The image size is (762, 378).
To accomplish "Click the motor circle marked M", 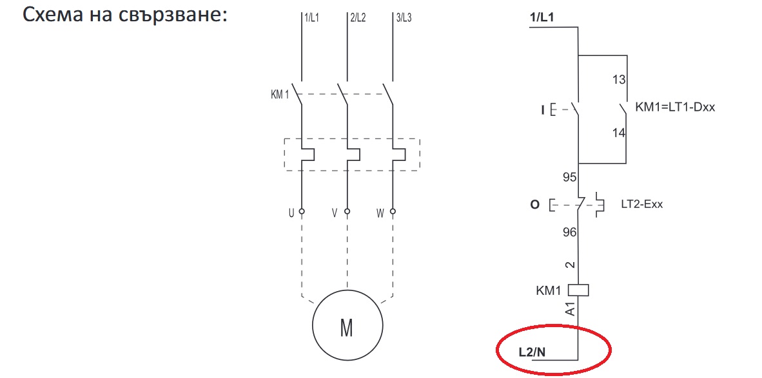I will point(346,327).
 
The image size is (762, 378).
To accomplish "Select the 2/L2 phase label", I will point(358,19).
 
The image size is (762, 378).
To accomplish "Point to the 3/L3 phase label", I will point(404,19).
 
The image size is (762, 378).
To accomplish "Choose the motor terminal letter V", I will point(335,212).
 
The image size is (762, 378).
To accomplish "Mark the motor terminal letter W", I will point(380,212).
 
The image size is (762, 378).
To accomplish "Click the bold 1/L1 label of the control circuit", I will point(542,19).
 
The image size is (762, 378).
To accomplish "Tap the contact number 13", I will point(619,80).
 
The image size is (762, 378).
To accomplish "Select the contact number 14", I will point(619,133).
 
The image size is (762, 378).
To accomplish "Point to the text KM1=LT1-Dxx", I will point(675,107).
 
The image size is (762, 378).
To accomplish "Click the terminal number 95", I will point(570,176).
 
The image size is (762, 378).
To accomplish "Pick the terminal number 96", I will point(570,232).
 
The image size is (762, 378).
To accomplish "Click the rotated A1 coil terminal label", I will point(570,310).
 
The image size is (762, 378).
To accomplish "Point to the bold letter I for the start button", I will point(542,111).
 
